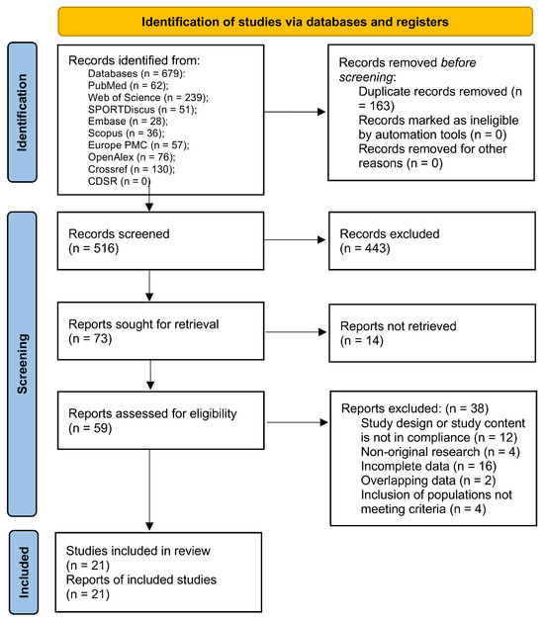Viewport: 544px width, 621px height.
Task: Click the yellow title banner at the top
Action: [x=295, y=22]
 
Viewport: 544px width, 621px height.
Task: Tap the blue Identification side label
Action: [x=22, y=113]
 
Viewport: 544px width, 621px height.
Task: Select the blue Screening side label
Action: [x=22, y=364]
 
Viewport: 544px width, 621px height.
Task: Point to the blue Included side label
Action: [x=24, y=573]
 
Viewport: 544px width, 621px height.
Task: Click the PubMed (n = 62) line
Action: [x=128, y=86]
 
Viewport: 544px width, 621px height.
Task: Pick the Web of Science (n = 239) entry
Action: [x=147, y=98]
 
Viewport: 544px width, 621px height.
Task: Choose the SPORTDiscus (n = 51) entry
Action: [x=142, y=110]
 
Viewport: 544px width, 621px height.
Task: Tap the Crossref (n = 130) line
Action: [x=132, y=169]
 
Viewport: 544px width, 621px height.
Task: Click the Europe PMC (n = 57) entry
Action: [x=138, y=145]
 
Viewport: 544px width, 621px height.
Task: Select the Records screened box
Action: [x=160, y=241]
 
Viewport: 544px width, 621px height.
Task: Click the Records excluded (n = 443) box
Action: [x=432, y=241]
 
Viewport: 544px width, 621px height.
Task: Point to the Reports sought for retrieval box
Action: [x=160, y=331]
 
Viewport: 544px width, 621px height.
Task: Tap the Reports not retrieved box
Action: [x=432, y=333]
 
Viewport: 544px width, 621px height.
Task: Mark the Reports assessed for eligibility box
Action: [x=161, y=420]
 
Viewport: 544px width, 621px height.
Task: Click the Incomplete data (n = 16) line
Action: [x=428, y=466]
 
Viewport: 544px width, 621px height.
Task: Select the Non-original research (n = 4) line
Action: [x=440, y=452]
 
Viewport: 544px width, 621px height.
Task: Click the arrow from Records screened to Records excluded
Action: [x=295, y=239]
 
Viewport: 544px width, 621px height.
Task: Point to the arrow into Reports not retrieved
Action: [x=296, y=332]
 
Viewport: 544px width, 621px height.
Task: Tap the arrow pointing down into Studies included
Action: [x=149, y=489]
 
